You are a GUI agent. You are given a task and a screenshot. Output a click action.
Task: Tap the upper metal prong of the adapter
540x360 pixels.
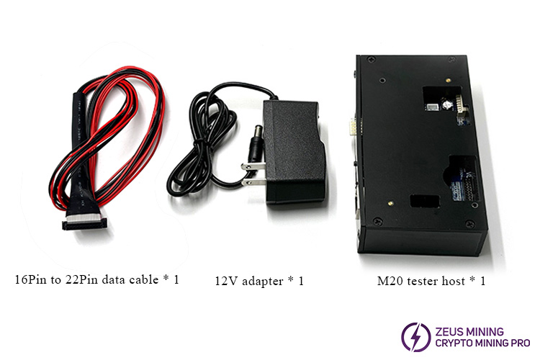(x=253, y=167)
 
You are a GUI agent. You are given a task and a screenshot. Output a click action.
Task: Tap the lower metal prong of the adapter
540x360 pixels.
(x=253, y=181)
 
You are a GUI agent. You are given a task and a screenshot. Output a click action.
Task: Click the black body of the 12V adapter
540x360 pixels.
(x=294, y=152)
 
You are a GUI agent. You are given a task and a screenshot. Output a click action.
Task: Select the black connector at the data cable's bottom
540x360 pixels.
(x=84, y=225)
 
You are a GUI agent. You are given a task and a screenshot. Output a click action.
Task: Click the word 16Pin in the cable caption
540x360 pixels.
(x=30, y=279)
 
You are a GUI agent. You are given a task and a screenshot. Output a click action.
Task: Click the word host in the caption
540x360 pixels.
(x=454, y=281)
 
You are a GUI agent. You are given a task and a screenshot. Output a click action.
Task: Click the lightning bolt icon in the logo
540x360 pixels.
(x=416, y=337)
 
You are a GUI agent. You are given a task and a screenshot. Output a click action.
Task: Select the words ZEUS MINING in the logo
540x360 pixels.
(x=469, y=332)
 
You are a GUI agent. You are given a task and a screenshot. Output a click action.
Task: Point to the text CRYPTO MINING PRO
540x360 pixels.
(x=482, y=343)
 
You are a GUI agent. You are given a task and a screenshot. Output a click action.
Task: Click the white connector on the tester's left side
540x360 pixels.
(x=351, y=128)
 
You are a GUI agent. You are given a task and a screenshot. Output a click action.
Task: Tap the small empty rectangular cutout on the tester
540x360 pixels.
(x=425, y=201)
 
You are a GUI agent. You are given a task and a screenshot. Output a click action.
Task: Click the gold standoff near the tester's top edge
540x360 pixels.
(x=448, y=80)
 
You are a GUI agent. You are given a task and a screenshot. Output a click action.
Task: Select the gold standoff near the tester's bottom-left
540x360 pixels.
(x=390, y=203)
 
